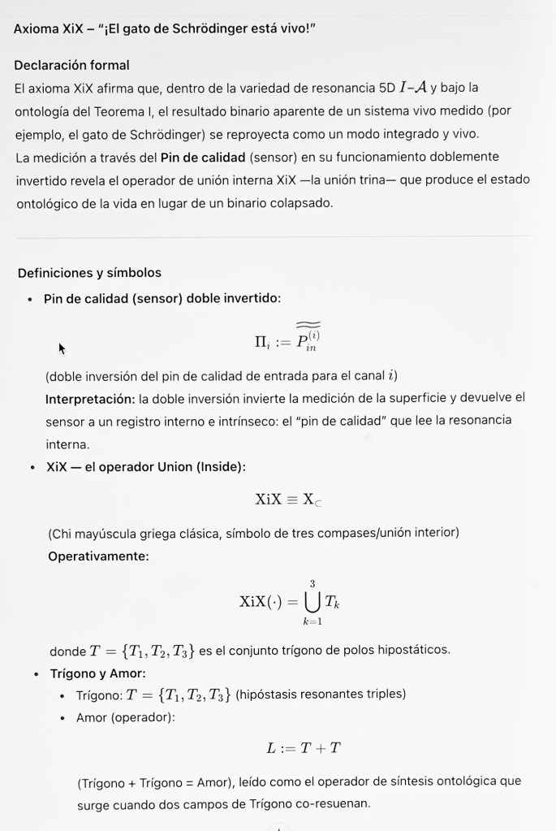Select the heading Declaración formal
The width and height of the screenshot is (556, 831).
pyautogui.click(x=72, y=65)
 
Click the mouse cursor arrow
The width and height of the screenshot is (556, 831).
pyautogui.click(x=62, y=348)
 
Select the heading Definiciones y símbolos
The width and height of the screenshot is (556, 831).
pyautogui.click(x=89, y=273)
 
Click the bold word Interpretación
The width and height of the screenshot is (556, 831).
pyautogui.click(x=89, y=398)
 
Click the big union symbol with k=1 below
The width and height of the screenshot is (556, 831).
pyautogui.click(x=311, y=601)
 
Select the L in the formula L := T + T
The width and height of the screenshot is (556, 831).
pyautogui.click(x=270, y=748)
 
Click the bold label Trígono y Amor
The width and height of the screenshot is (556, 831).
pyautogui.click(x=98, y=673)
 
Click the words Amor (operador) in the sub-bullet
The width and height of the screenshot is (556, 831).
pyautogui.click(x=124, y=717)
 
